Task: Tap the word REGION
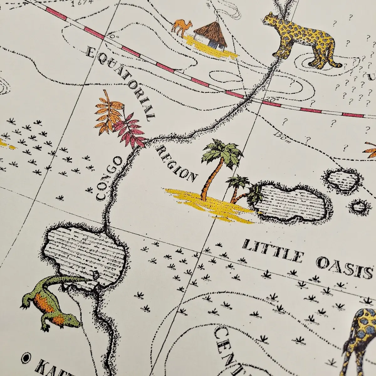[x=177, y=163]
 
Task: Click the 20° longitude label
[x=271, y=99]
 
